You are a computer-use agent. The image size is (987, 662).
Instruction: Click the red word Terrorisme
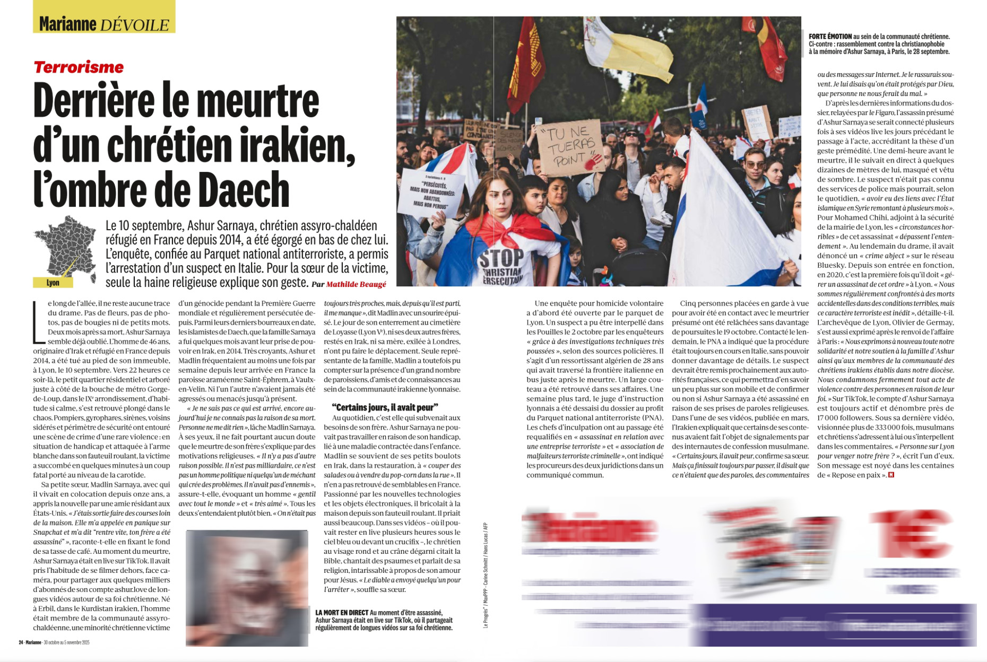coord(79,67)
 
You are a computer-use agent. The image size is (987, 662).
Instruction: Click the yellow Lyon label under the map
coord(53,283)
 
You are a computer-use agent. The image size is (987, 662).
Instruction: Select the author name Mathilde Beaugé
coord(356,284)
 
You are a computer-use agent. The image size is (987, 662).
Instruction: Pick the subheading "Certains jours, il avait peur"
coord(385,407)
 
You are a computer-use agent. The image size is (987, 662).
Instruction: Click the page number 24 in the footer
coord(21,642)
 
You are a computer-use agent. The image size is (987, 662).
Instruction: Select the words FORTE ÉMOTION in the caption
coord(830,37)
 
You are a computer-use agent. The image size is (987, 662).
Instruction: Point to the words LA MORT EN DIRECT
coord(342,613)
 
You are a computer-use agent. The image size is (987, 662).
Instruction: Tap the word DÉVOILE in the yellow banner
coord(134,24)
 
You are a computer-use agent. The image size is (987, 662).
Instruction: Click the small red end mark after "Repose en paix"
coord(891,475)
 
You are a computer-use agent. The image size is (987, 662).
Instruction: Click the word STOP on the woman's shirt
coord(501,259)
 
